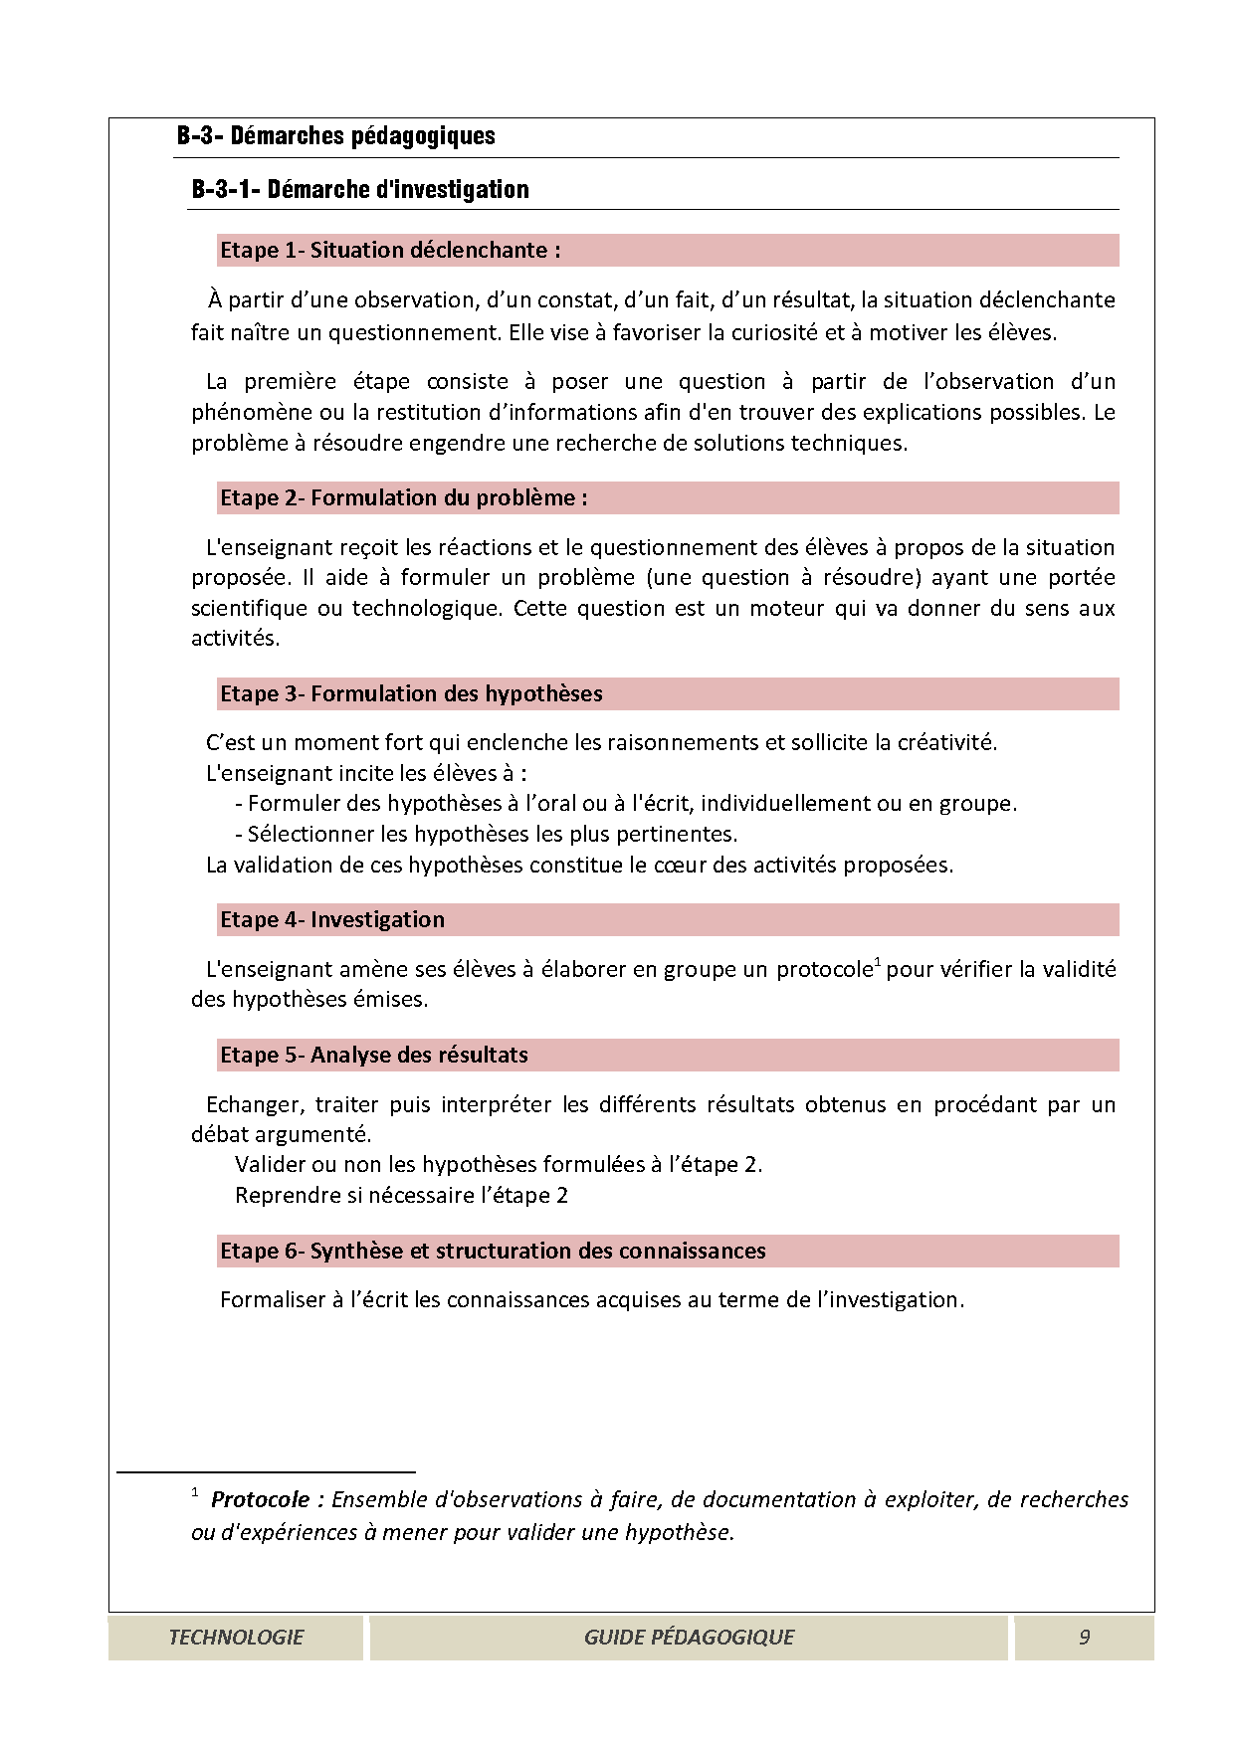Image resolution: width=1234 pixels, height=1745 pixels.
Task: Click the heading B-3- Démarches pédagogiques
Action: tap(335, 136)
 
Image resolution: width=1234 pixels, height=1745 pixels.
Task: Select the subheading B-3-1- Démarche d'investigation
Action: tap(359, 189)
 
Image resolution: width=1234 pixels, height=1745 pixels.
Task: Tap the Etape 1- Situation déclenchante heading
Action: tap(389, 251)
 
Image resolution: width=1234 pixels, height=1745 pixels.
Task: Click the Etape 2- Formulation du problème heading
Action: tap(403, 498)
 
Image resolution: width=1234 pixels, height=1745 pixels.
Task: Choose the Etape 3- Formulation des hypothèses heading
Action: tap(411, 694)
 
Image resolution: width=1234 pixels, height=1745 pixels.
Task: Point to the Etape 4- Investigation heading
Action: tap(331, 920)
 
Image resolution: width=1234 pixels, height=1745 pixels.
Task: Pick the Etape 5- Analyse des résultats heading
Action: tap(373, 1056)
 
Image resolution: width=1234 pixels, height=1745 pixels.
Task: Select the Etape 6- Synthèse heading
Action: tap(493, 1252)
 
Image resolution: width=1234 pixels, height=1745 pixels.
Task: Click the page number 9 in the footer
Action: tap(1084, 1638)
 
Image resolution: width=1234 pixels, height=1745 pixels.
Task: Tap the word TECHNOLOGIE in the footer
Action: tap(236, 1638)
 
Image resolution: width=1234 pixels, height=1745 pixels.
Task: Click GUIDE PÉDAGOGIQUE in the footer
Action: tap(689, 1638)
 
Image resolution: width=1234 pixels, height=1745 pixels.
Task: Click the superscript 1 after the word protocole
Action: tap(877, 962)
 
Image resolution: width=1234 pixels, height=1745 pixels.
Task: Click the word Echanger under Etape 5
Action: tap(253, 1105)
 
